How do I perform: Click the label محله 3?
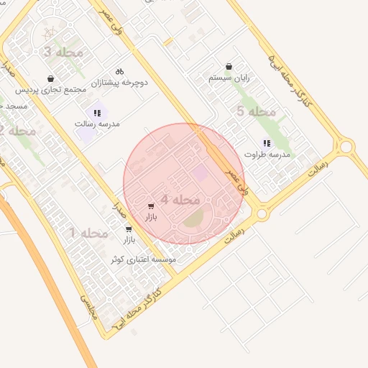(64, 52)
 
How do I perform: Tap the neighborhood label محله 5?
(257, 111)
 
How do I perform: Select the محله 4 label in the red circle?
(180, 199)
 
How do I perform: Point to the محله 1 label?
(88, 233)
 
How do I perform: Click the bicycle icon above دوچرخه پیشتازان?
(119, 71)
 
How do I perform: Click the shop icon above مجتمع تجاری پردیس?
(50, 78)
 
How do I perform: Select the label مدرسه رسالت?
(97, 124)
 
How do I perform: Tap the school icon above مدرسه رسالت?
(97, 112)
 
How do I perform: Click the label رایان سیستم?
(229, 77)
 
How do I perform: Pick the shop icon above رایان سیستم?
(229, 66)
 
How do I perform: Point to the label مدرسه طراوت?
(267, 155)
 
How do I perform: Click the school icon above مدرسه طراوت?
(267, 143)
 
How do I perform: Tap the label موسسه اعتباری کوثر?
(143, 259)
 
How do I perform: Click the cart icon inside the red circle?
(151, 206)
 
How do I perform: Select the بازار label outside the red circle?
(128, 239)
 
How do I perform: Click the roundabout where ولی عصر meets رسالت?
(262, 213)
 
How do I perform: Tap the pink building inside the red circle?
(201, 173)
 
